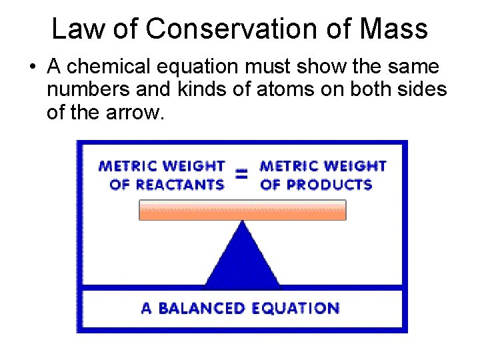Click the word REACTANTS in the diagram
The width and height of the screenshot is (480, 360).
(176, 184)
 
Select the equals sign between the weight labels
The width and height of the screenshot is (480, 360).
(242, 175)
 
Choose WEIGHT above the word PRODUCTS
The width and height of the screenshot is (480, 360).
(353, 165)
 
